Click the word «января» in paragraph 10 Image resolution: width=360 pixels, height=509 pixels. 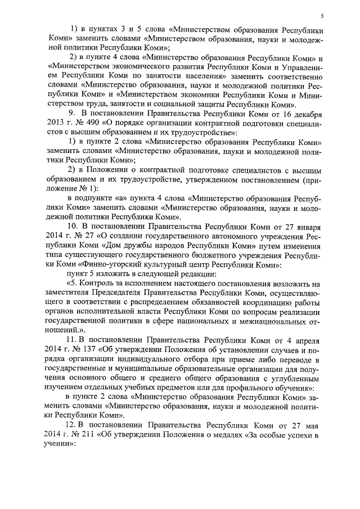(310, 227)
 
